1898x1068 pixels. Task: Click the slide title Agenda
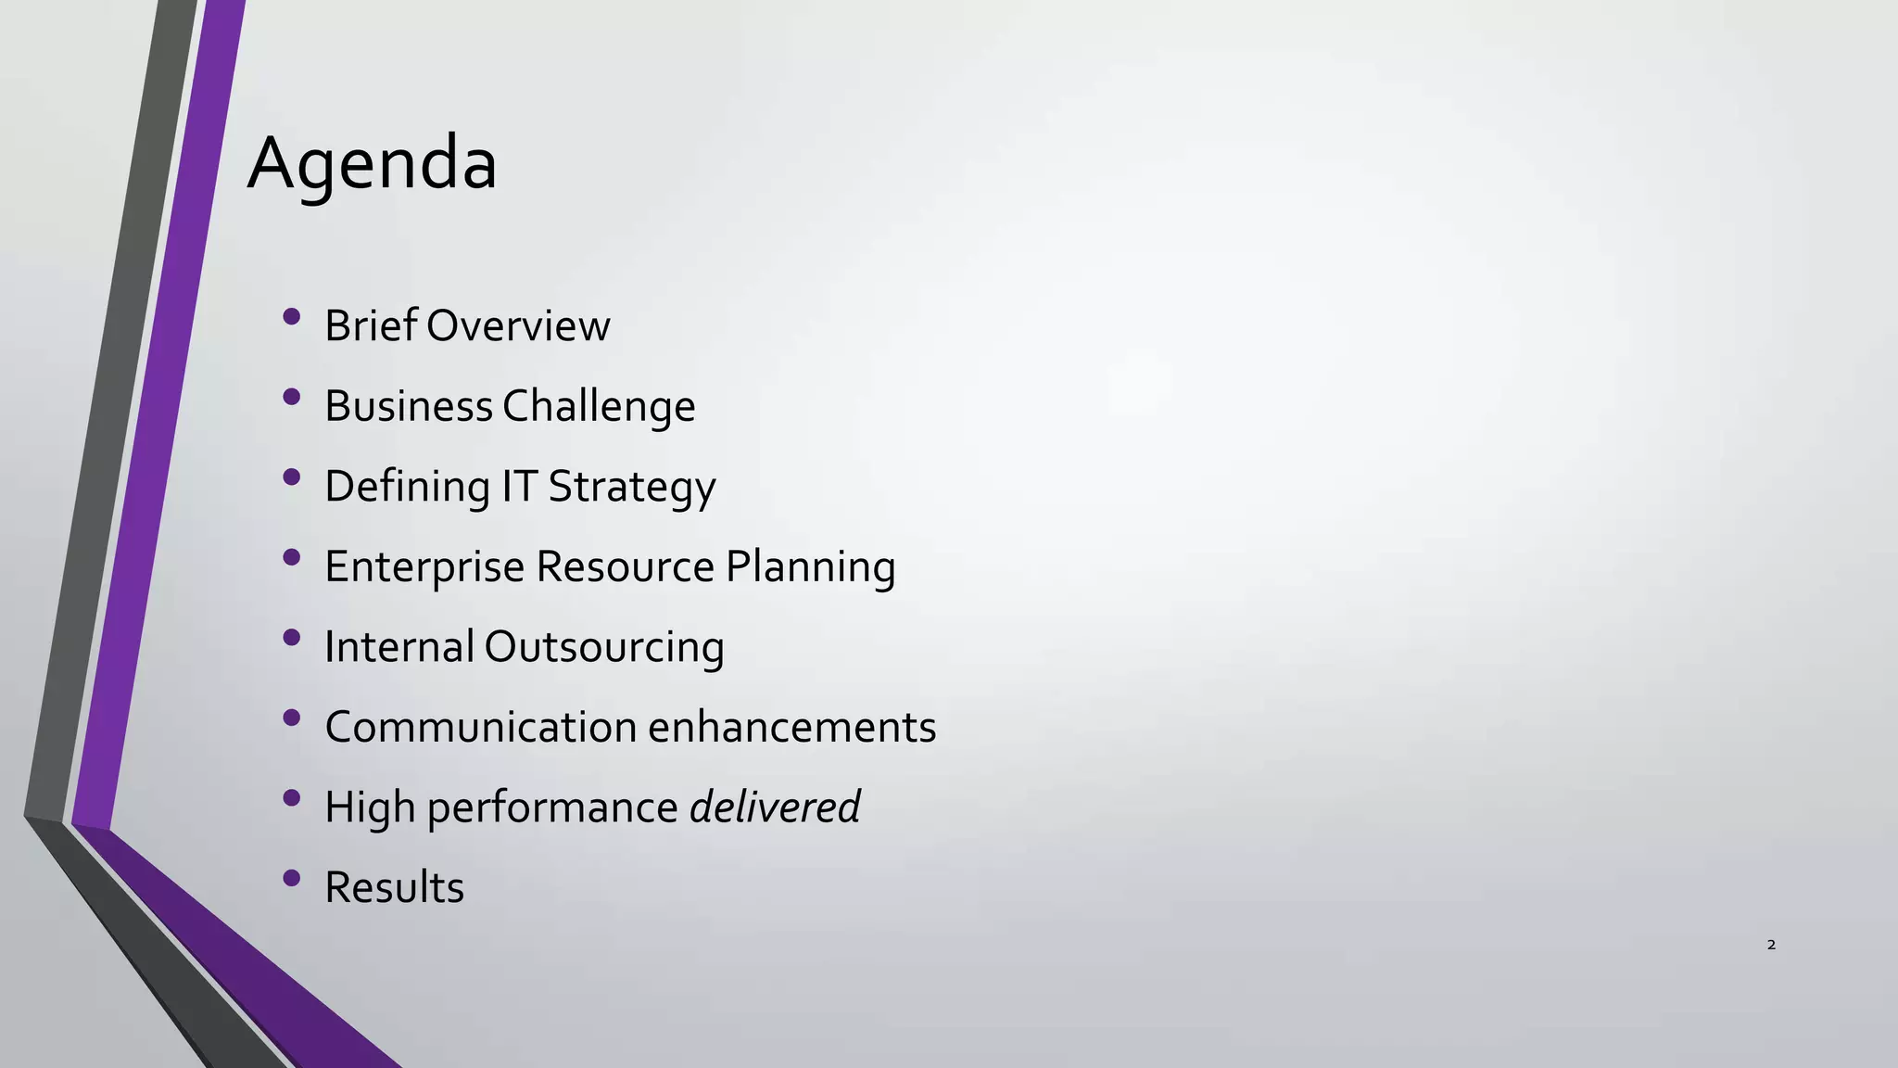373,164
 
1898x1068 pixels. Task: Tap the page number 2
1771,945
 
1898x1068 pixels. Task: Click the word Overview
518,325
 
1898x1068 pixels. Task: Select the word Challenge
599,406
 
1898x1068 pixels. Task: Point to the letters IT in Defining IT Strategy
519,486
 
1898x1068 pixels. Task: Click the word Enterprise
424,566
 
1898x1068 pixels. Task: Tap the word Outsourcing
603,646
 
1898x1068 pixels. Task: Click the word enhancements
791,727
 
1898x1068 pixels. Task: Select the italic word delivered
775,807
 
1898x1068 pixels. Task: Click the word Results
394,887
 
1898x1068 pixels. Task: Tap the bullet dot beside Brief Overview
292,316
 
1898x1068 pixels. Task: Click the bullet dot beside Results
292,877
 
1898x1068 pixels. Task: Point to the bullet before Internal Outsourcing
292,637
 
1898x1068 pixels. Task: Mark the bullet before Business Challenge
292,397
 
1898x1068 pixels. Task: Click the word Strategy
631,487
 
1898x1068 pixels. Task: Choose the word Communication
480,727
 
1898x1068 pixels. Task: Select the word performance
552,807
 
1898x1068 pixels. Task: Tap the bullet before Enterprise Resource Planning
292,557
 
